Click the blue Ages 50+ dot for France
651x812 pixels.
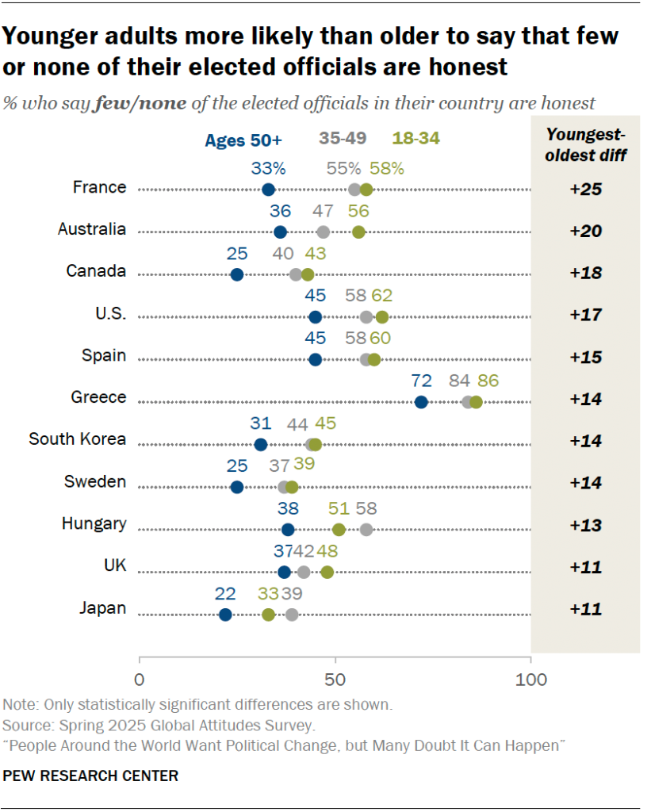point(268,189)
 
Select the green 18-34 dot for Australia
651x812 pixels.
point(358,232)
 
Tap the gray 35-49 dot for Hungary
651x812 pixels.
point(366,530)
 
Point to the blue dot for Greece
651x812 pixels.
point(421,402)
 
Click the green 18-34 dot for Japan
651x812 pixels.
point(268,615)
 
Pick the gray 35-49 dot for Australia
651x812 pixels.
point(323,232)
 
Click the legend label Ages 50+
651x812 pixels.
point(243,140)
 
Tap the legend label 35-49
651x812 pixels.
point(342,139)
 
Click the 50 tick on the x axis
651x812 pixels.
point(335,680)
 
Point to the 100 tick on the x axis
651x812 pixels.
point(530,680)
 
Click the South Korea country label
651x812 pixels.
point(77,439)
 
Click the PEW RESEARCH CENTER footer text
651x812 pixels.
point(90,776)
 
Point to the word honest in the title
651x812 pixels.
point(462,67)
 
